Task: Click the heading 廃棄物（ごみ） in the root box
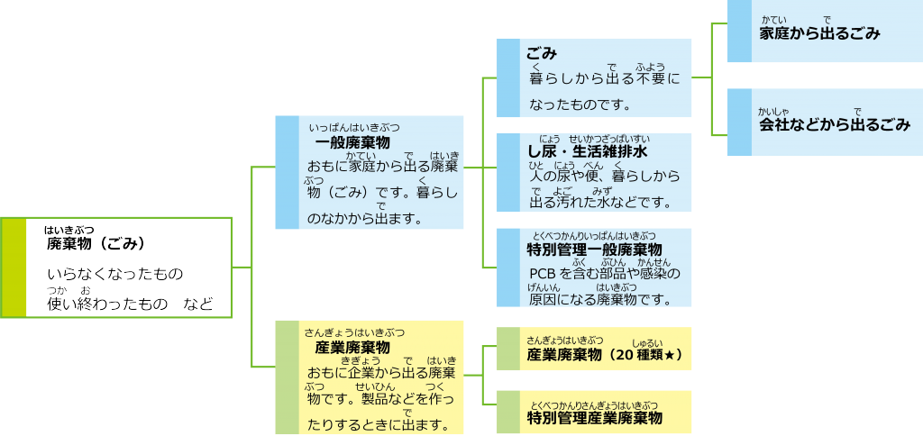[96, 243]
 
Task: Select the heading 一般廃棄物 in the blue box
[352, 143]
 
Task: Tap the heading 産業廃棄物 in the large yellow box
[352, 348]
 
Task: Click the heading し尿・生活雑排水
[587, 150]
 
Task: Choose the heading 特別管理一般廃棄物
[594, 250]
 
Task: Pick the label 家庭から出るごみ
[819, 33]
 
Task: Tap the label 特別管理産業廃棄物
[594, 417]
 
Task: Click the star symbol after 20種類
[674, 355]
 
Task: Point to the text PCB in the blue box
[544, 273]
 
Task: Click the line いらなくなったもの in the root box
[114, 273]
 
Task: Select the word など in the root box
[197, 304]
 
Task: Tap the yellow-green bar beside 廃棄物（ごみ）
[13, 268]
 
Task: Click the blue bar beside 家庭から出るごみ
[739, 31]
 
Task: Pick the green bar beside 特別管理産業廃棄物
[508, 411]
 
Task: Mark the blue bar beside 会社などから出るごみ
[739, 122]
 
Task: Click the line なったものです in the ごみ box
[579, 104]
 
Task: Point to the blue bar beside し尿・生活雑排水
[508, 172]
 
